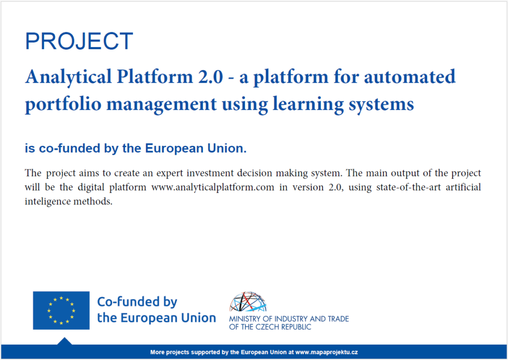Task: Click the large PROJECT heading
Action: point(79,41)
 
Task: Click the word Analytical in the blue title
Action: point(68,77)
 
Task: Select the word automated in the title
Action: point(410,77)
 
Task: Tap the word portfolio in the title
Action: point(63,104)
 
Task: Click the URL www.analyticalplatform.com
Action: point(213,187)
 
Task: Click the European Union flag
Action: point(61,310)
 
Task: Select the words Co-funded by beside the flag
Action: point(137,301)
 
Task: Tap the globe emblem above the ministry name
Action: point(248,301)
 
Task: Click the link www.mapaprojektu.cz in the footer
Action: point(326,352)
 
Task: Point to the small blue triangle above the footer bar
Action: point(64,341)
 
